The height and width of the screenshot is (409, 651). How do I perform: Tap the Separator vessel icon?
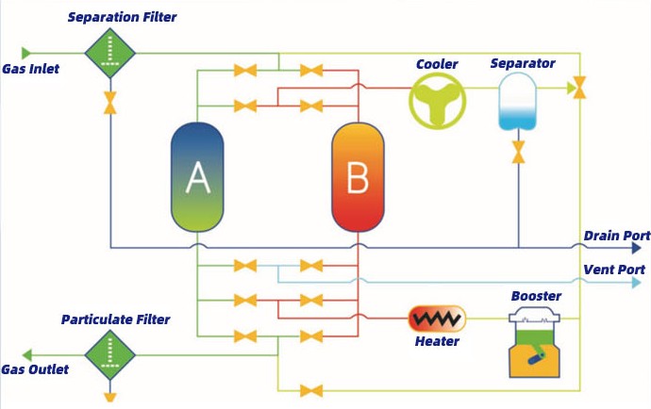[517, 102]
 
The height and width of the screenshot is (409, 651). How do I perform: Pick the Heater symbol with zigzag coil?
[437, 318]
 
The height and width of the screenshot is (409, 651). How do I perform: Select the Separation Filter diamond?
[110, 53]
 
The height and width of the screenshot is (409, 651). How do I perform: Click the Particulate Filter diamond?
[110, 355]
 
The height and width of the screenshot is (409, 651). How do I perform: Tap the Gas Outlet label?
[35, 369]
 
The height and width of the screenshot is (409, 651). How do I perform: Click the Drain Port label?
[616, 236]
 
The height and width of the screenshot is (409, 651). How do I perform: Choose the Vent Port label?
[613, 270]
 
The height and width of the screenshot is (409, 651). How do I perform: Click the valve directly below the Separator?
[518, 152]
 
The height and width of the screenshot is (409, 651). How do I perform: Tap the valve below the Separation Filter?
[110, 101]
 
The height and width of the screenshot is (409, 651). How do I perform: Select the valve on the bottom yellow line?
[308, 390]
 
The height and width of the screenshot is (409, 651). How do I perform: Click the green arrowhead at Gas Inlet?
[26, 53]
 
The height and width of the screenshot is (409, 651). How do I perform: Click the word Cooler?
[437, 64]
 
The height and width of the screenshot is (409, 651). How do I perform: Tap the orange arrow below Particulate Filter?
[110, 396]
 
